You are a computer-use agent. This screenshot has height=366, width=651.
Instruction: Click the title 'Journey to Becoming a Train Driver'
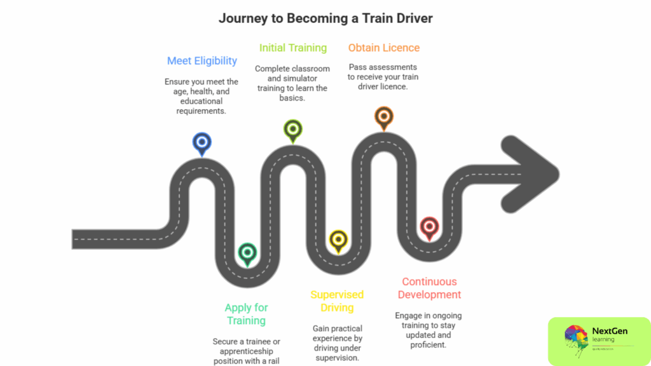click(325, 18)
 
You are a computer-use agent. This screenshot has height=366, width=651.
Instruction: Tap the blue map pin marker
click(202, 143)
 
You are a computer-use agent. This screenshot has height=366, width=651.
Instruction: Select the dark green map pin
click(247, 253)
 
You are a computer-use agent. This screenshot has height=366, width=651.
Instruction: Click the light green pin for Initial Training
click(292, 129)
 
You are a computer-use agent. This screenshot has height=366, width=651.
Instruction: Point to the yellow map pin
click(338, 240)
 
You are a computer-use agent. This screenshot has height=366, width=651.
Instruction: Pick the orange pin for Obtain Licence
click(383, 116)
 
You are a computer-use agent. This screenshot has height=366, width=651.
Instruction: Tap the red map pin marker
click(429, 226)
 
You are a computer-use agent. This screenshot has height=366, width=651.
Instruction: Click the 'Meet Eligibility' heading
click(202, 61)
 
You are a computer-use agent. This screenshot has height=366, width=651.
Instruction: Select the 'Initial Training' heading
click(292, 48)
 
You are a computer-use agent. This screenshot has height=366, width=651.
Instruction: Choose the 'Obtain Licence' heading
click(383, 48)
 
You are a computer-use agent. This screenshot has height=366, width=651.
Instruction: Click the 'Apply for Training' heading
click(247, 314)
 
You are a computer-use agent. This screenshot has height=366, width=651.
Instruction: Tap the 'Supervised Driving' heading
click(337, 301)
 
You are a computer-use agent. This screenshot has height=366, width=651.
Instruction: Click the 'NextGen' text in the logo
click(609, 331)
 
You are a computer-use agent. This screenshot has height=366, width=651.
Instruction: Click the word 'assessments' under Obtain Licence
click(394, 67)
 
